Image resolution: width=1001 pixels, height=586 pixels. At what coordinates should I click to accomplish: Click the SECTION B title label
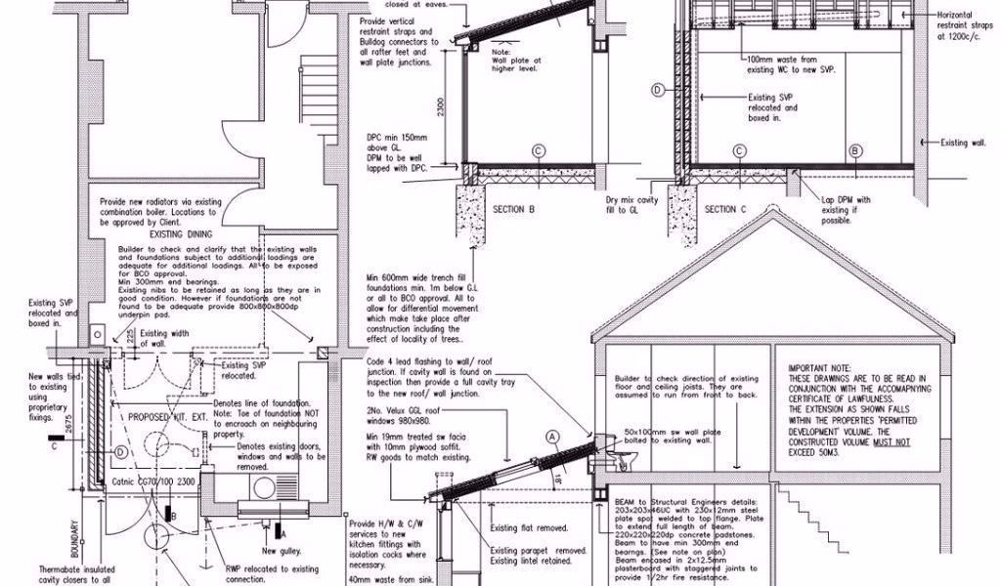pyautogui.click(x=514, y=209)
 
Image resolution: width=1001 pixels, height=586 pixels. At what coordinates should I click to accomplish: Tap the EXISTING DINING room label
pyautogui.click(x=181, y=235)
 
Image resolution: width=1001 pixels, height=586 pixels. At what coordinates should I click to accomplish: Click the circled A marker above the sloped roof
pyautogui.click(x=552, y=436)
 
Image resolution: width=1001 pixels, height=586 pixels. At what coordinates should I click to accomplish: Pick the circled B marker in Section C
pyautogui.click(x=856, y=150)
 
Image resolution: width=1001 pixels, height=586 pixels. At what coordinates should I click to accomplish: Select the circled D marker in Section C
pyautogui.click(x=658, y=89)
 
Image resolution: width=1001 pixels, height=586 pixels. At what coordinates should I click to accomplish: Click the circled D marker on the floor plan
pyautogui.click(x=119, y=452)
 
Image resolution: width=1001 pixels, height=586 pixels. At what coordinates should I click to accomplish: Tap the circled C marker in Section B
pyautogui.click(x=538, y=150)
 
